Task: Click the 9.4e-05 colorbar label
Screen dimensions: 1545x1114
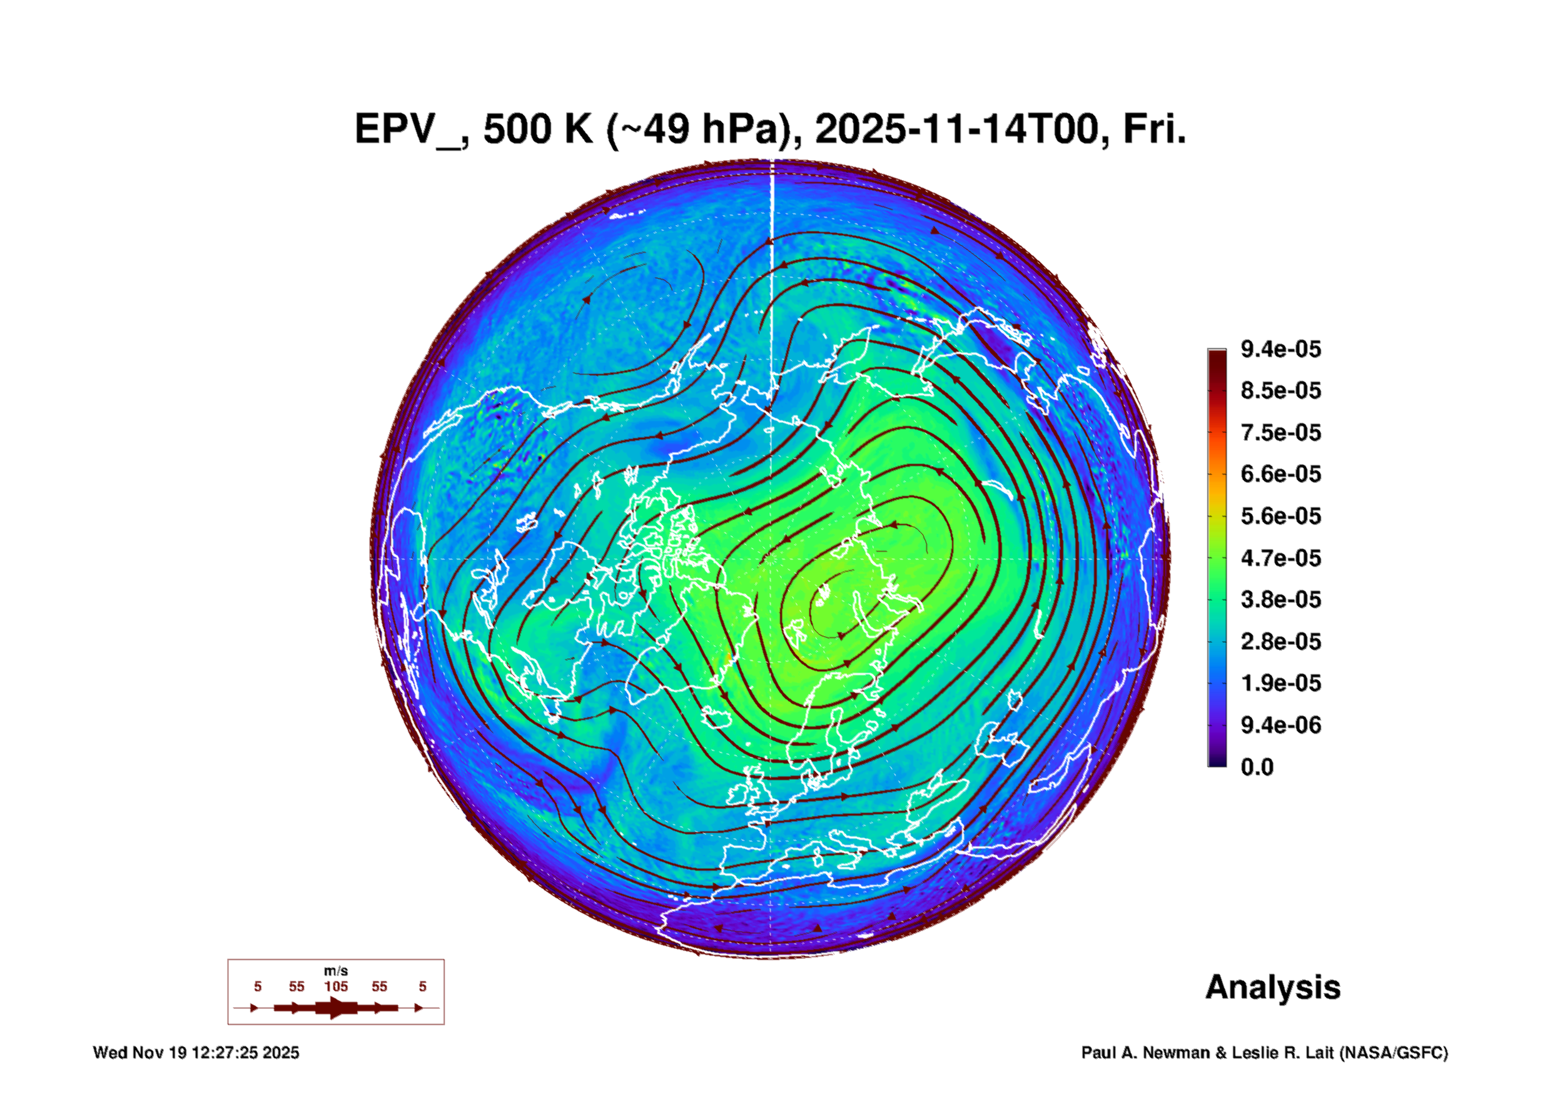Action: coord(1280,349)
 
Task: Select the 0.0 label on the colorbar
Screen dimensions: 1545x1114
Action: coord(1257,767)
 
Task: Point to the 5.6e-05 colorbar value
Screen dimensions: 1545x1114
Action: coord(1280,516)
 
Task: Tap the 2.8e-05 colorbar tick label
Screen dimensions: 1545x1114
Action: coord(1280,642)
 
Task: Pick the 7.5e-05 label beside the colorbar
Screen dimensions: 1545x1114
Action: coord(1280,432)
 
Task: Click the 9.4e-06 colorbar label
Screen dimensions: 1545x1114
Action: coord(1280,725)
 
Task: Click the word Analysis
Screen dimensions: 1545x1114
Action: coord(1273,988)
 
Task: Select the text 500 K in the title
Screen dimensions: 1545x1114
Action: coord(537,129)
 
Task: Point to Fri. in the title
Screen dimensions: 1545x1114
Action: coord(1155,129)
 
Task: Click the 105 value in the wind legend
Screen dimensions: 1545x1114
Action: coord(336,987)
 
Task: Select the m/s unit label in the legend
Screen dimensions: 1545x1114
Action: coord(336,971)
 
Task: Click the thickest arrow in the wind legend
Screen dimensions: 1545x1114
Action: coord(336,1008)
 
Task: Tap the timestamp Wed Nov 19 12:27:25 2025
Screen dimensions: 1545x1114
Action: coord(196,1053)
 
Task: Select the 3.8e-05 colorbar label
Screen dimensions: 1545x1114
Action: coord(1280,599)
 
